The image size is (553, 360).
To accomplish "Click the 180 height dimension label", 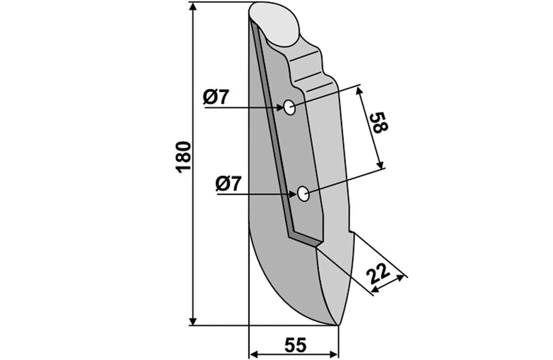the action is pos(184,157).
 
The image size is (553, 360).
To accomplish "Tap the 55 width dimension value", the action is pos(295,345).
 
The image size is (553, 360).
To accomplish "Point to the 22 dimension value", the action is pos(377,274).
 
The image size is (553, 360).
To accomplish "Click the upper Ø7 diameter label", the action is pos(216,97).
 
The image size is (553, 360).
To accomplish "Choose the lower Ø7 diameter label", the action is pos(228,184).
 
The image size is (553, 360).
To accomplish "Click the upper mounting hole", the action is pos(289,107).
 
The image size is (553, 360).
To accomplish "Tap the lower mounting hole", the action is pos(303,194).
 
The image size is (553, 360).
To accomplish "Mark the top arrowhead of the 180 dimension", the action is pos(193,7).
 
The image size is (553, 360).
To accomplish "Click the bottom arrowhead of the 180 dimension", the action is pos(193,321).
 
